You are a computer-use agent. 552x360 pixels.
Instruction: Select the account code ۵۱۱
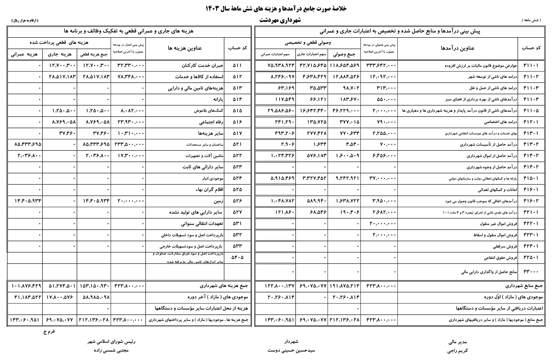(x=237, y=66)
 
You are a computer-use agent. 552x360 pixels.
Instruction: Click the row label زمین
(x=219, y=201)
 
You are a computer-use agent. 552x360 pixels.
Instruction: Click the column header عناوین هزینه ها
(x=185, y=48)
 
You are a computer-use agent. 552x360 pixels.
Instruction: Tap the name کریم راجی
(x=457, y=351)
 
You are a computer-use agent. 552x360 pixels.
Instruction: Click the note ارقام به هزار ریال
(x=25, y=21)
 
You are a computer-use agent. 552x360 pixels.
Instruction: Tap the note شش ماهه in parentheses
(x=531, y=20)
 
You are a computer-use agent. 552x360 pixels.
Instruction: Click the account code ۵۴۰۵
(x=237, y=257)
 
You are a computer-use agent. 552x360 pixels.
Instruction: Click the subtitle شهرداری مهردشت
(x=280, y=20)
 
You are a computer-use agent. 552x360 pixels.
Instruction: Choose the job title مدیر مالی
(x=458, y=342)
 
